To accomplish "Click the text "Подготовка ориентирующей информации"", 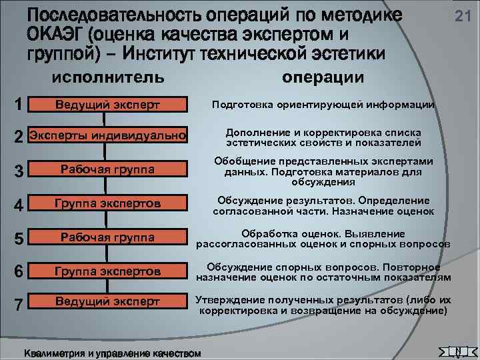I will click(323, 105).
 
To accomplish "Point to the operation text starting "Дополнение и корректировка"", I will click(323, 137).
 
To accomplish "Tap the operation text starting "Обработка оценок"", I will click(323, 239).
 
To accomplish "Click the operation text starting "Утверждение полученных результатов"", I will click(323, 305).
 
